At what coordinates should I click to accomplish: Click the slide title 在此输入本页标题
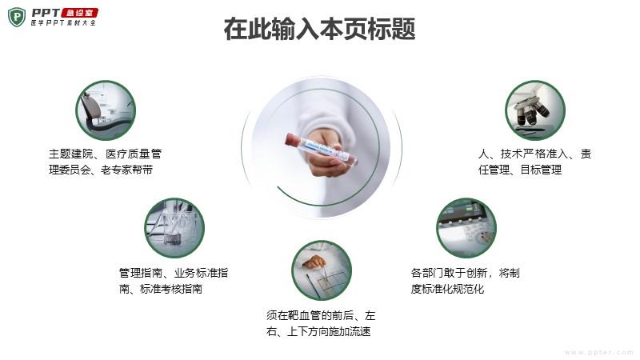(319, 29)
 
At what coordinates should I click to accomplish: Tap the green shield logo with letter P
(17, 17)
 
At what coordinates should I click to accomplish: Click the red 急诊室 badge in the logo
(79, 13)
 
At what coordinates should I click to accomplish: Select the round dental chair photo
(106, 110)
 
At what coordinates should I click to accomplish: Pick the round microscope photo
(535, 110)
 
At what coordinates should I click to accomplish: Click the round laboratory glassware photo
(174, 228)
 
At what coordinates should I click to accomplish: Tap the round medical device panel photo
(466, 228)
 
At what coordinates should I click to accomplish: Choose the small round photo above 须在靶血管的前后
(322, 270)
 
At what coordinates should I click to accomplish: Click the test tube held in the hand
(322, 148)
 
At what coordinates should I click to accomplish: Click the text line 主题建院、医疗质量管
(106, 154)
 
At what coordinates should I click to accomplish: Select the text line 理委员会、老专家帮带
(101, 170)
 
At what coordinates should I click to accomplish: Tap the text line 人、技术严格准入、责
(534, 154)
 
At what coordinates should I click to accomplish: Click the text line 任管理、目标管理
(520, 170)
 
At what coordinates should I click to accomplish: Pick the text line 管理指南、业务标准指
(174, 273)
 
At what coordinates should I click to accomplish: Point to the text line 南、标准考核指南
(161, 289)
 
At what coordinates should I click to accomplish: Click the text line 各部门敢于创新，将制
(466, 273)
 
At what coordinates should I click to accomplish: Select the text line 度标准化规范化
(447, 289)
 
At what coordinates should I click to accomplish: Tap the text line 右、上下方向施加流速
(318, 331)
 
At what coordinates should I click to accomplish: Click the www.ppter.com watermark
(598, 352)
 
